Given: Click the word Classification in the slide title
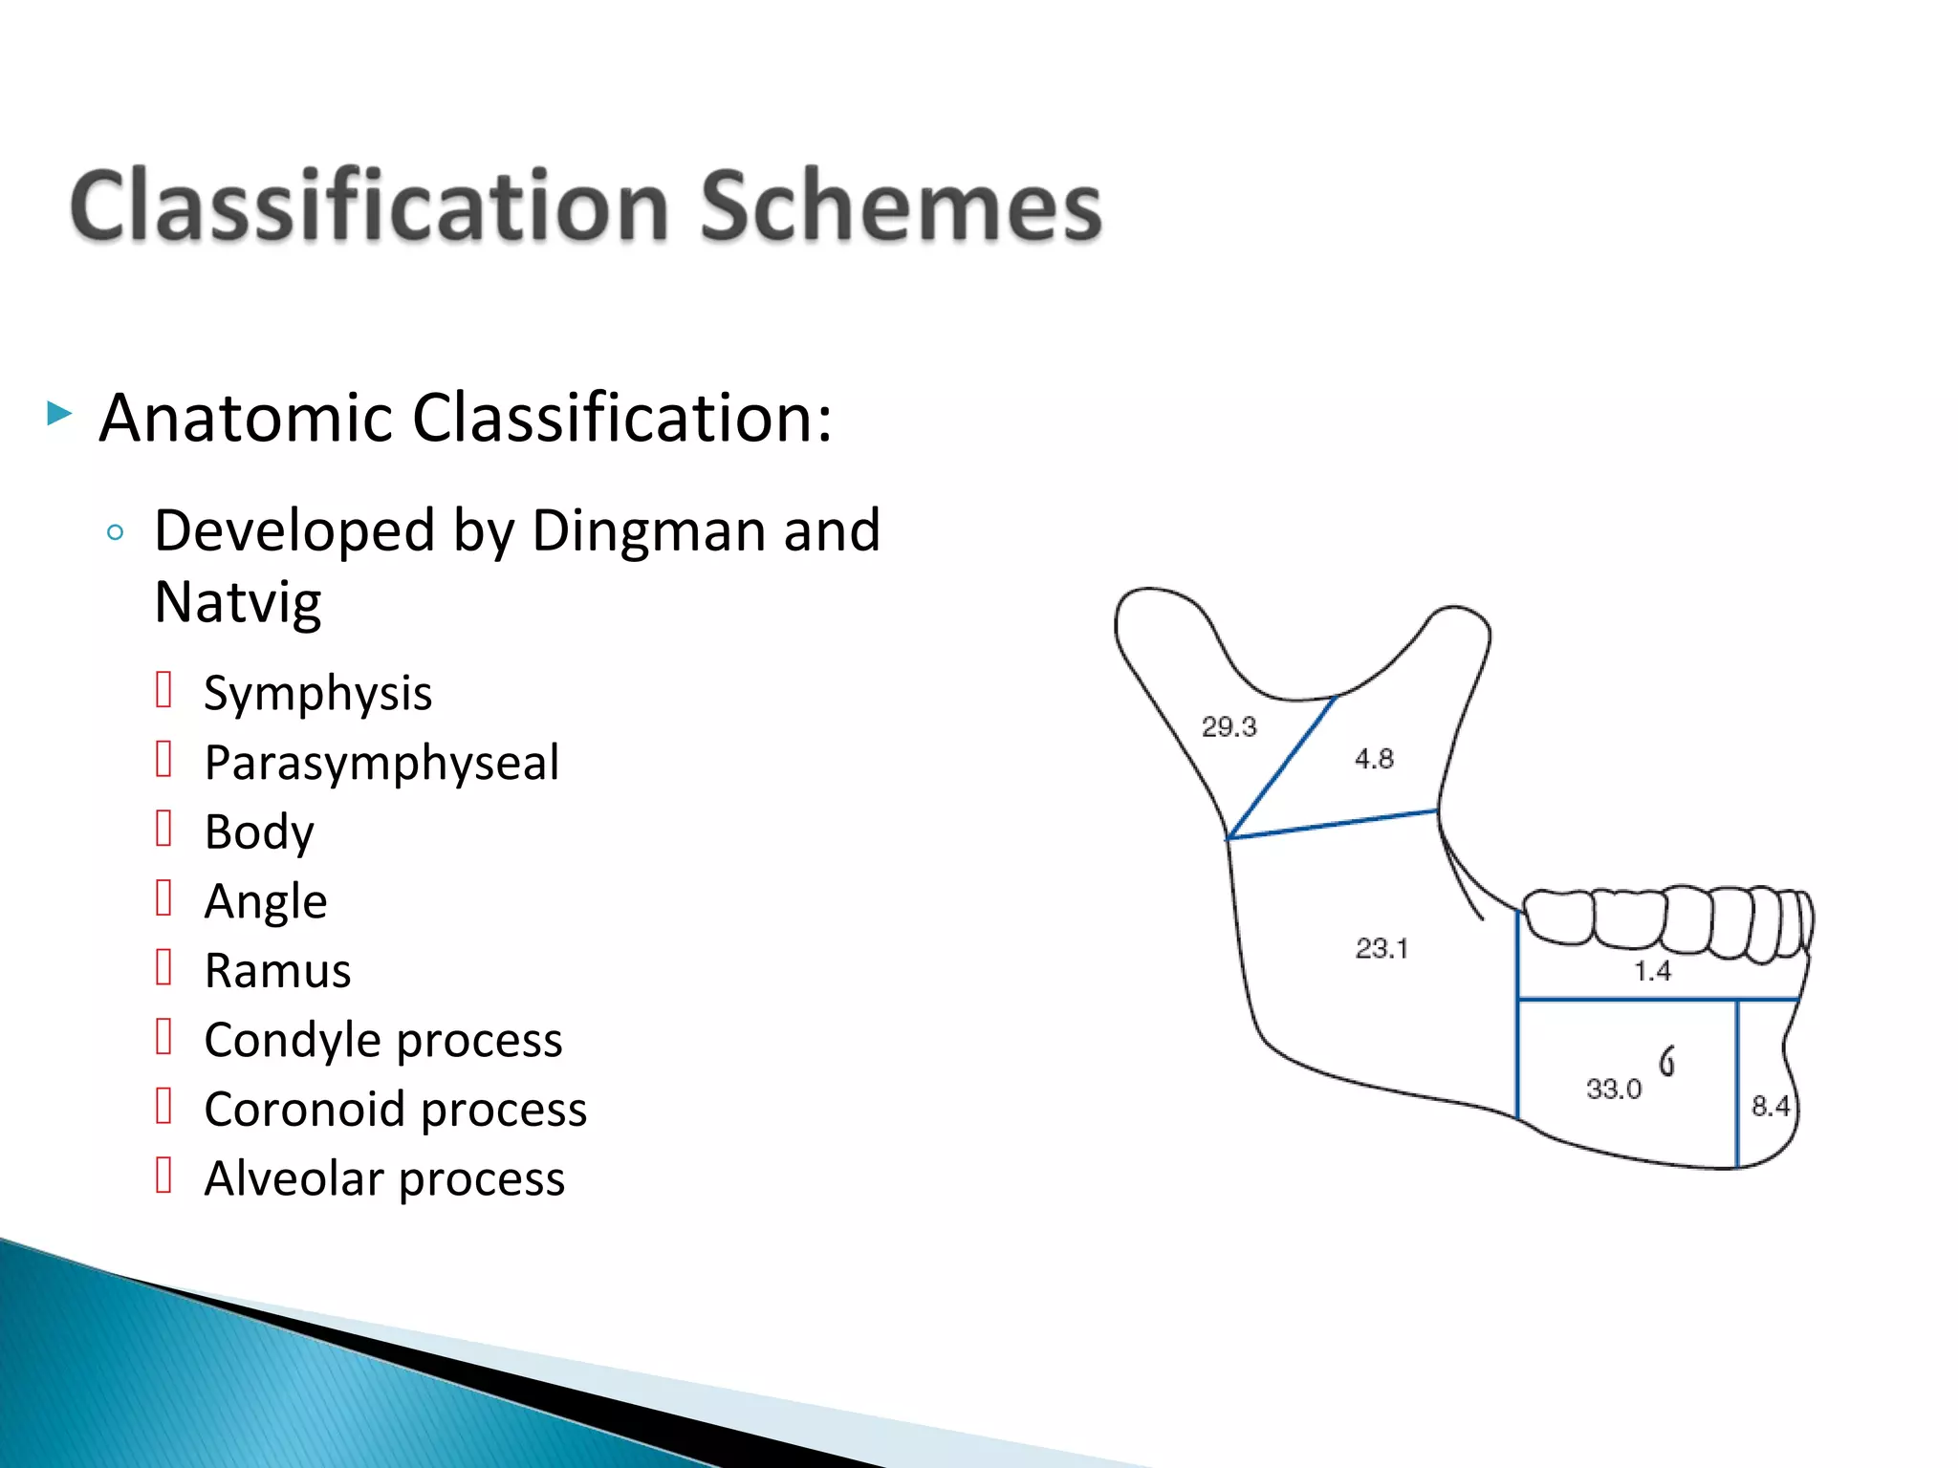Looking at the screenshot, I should [x=368, y=206].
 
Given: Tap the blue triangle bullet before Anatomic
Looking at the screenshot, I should [x=59, y=414].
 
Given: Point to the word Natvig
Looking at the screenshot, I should [x=237, y=602].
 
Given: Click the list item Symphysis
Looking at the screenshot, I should [x=317, y=693].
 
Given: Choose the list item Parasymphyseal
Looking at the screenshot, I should [x=381, y=763].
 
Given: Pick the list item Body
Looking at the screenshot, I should [x=258, y=831].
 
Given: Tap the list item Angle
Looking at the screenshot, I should [x=265, y=901].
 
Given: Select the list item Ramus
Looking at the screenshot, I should [x=277, y=971].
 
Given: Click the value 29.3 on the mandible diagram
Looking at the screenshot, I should [x=1229, y=727].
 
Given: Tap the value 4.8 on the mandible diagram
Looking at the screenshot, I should [x=1374, y=759].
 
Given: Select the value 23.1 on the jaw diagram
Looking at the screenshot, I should [x=1381, y=948].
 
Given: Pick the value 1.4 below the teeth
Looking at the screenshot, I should [x=1652, y=971].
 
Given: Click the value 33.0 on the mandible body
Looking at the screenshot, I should [x=1614, y=1089].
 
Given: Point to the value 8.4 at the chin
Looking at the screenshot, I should [x=1769, y=1106].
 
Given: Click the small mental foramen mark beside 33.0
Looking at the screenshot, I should [x=1666, y=1060].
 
